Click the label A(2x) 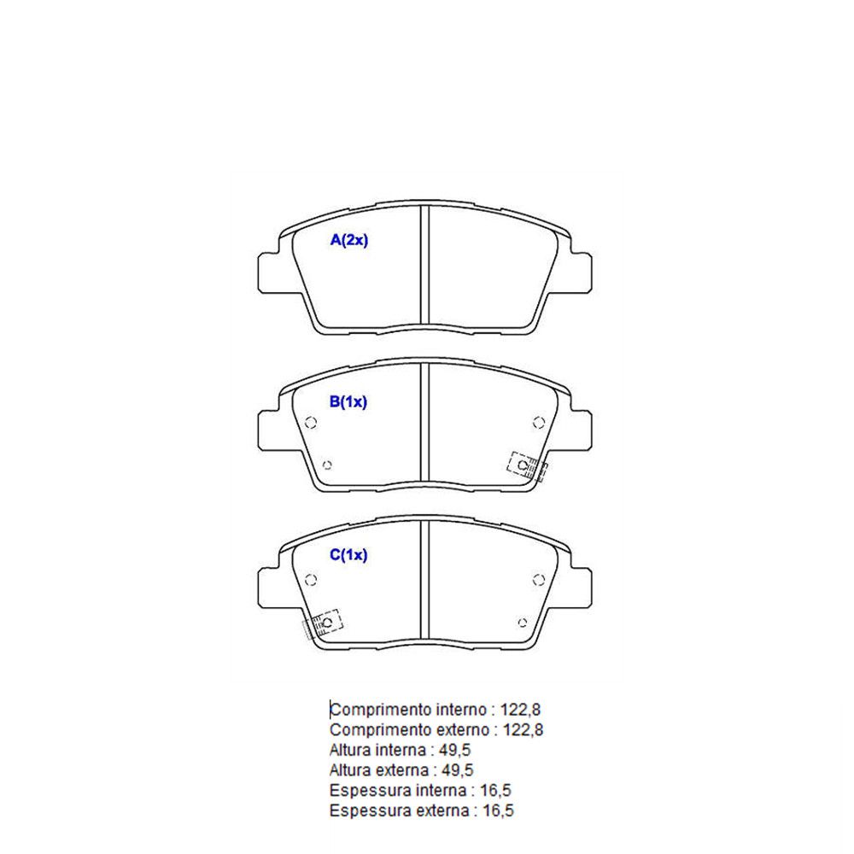(349, 240)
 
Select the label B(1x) (348, 402)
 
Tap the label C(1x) (348, 555)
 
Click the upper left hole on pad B (311, 422)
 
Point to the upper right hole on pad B (539, 422)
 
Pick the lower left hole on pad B (327, 465)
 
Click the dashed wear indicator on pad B (527, 466)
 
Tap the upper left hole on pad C (311, 580)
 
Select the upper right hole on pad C (539, 580)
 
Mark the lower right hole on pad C (523, 623)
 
